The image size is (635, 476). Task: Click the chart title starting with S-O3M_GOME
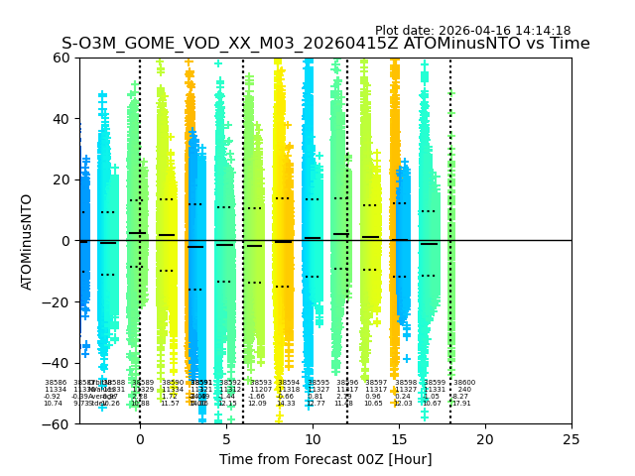click(x=325, y=44)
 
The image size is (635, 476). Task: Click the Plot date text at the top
click(x=472, y=31)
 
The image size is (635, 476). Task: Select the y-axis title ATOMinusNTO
click(x=27, y=241)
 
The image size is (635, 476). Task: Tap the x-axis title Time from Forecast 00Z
click(x=325, y=459)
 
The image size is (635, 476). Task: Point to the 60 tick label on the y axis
click(x=61, y=58)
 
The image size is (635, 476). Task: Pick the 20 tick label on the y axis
click(x=61, y=179)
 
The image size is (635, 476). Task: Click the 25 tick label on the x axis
click(x=571, y=438)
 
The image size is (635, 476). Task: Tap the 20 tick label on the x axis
click(x=485, y=438)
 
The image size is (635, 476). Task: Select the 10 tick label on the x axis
click(x=313, y=438)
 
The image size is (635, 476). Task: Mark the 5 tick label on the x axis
click(x=226, y=438)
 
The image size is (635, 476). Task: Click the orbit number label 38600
click(x=464, y=383)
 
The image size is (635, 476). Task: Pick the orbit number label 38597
click(x=376, y=383)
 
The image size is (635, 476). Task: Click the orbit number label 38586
click(x=56, y=383)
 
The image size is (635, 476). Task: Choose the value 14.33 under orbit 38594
click(x=286, y=404)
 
